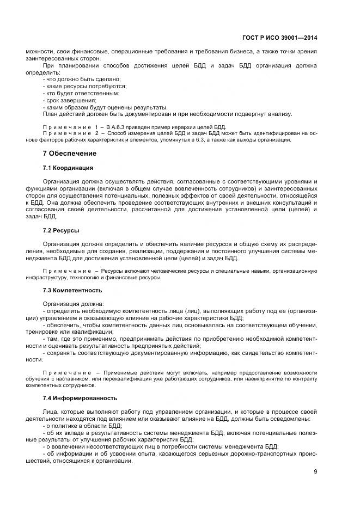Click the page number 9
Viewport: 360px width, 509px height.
(315, 471)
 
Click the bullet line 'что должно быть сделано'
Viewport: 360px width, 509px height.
(81, 79)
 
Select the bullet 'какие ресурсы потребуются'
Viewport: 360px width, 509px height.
(84, 86)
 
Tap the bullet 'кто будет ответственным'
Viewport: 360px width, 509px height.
(81, 93)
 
